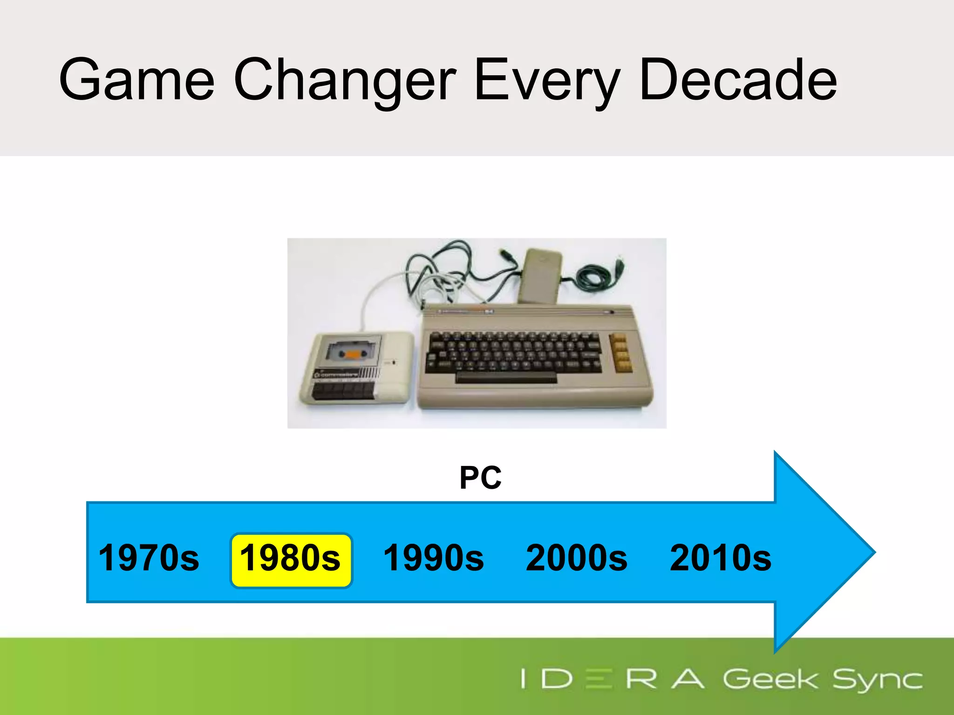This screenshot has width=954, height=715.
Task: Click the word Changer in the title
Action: (345, 80)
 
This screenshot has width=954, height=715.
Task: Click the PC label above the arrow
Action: (480, 478)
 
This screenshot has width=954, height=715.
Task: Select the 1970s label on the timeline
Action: (149, 558)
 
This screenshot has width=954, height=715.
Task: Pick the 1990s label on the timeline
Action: (434, 558)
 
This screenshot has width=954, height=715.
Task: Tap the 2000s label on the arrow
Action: (577, 558)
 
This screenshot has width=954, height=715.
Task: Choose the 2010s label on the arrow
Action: (720, 558)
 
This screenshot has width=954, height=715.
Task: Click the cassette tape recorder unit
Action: (356, 368)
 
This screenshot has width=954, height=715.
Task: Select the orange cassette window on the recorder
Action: (353, 355)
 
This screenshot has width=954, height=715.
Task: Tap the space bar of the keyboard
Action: (506, 377)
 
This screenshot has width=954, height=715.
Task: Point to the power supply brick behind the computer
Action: (540, 275)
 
